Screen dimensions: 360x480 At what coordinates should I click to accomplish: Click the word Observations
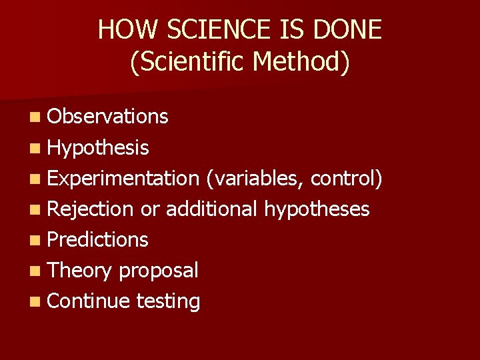point(108,117)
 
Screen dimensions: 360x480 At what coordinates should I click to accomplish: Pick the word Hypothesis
point(98,147)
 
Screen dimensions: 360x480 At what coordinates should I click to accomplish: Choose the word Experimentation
point(123,178)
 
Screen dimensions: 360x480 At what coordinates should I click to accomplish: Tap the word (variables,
point(255,178)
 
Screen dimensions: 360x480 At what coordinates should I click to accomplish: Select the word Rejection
point(91,209)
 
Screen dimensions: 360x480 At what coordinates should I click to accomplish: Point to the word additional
point(211,209)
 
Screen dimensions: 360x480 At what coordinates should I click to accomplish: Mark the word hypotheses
point(317,209)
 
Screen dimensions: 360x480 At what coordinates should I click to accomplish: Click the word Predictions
point(98,239)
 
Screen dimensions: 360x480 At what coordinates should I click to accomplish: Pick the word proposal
point(159,270)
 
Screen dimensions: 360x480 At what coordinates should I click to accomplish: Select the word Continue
point(89,301)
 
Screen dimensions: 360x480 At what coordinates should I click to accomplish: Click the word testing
point(168,301)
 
